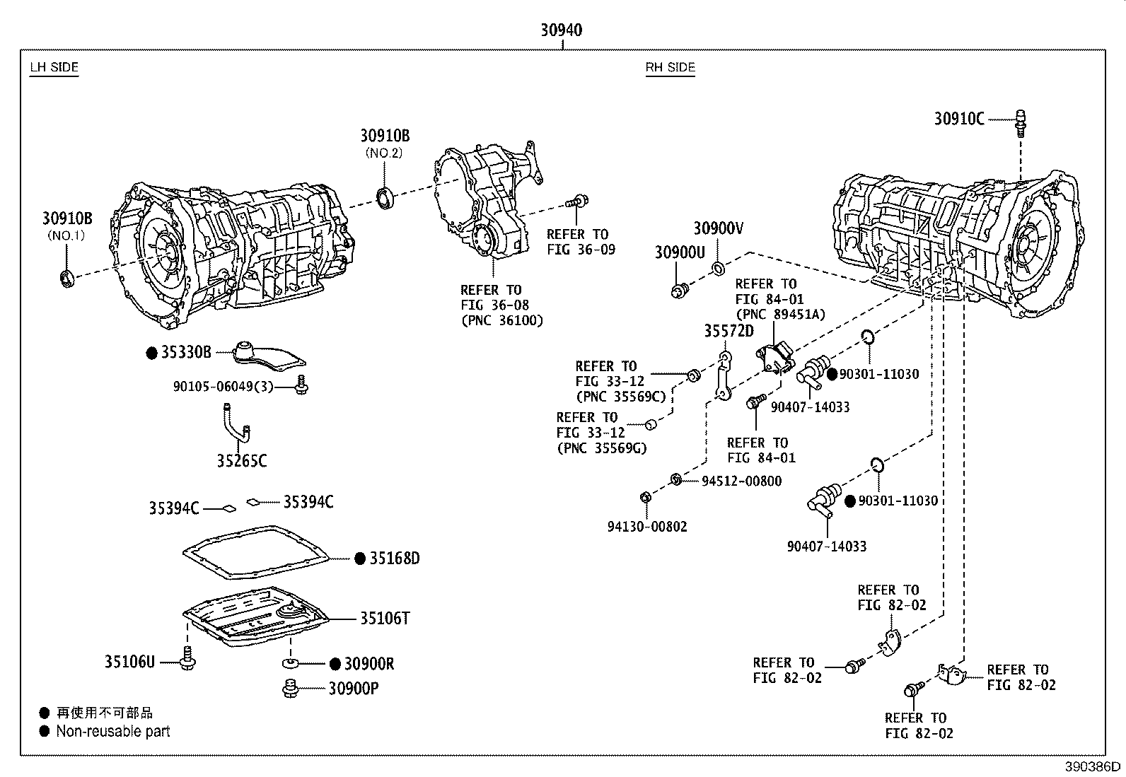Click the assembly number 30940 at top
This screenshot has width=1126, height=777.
pos(562,30)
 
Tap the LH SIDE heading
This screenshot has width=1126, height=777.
pos(54,68)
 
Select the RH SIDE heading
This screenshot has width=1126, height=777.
pos(670,68)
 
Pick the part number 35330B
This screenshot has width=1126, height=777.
pos(186,353)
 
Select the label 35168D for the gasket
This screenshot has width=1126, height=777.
pos(395,559)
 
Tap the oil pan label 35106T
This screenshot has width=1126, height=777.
pos(385,619)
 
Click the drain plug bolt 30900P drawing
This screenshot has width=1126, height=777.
pos(289,688)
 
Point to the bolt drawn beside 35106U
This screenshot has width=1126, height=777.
pos(187,659)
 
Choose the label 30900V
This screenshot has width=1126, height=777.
pos(718,228)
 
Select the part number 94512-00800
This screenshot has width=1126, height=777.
pos(741,481)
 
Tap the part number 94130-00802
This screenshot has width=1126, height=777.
pos(646,527)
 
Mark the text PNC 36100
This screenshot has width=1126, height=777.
pos(502,320)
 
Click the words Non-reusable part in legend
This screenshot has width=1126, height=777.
pos(113,732)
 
